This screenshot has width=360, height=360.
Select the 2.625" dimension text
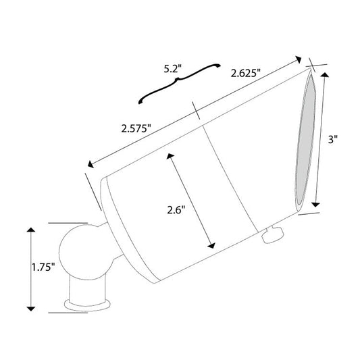pos(246,74)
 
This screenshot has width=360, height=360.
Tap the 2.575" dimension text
pos(136,128)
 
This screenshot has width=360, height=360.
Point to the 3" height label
pos(333,139)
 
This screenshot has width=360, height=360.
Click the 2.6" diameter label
pos(176,210)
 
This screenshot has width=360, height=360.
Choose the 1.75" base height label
pos(43,267)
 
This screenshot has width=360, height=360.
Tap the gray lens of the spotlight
pos(305,139)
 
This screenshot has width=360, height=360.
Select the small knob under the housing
pos(274,234)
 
